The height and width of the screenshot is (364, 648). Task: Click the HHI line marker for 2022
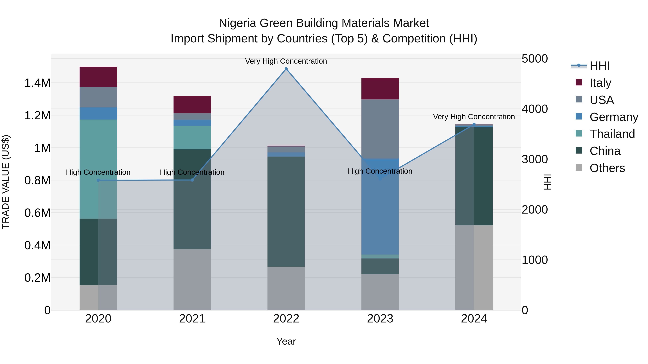pos(286,69)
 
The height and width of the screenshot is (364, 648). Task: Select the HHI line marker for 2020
pos(98,180)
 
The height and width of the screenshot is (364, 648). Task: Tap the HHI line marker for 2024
pos(474,124)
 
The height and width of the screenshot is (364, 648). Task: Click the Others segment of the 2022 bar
pos(286,288)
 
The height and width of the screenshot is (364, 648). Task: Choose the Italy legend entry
pos(600,83)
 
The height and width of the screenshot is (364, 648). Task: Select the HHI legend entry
pos(599,66)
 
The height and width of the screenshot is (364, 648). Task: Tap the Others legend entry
pos(607,168)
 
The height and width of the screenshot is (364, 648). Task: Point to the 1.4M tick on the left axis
pos(37,83)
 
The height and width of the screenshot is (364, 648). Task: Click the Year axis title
pos(286,341)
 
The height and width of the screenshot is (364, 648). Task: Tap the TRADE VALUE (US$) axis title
pos(6,182)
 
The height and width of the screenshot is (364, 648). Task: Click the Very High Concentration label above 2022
pos(286,61)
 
